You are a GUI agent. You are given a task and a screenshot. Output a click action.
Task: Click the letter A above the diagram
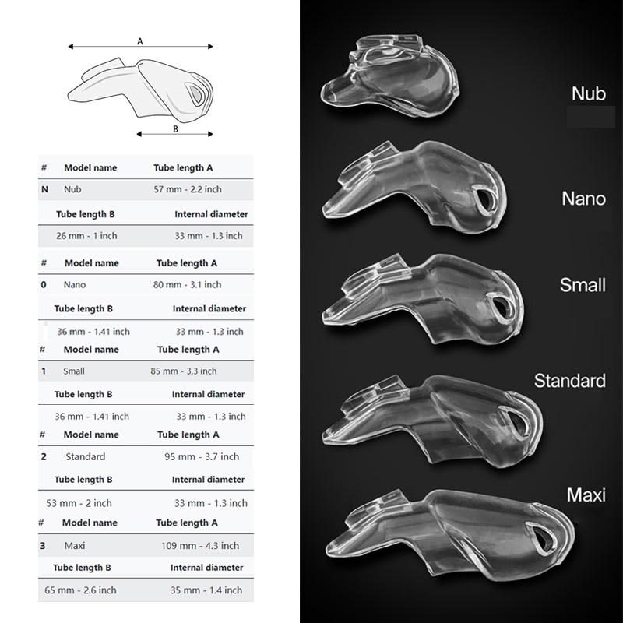pyautogui.click(x=140, y=41)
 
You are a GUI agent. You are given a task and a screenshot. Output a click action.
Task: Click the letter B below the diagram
pyautogui.click(x=176, y=129)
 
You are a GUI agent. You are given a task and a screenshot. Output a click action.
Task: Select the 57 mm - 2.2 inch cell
pyautogui.click(x=188, y=188)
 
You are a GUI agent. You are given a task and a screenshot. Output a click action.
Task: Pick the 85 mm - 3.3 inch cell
pyautogui.click(x=184, y=371)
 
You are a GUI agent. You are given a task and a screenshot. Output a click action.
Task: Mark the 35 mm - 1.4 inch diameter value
pyautogui.click(x=209, y=591)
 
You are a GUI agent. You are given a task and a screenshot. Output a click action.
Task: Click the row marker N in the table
pyautogui.click(x=44, y=188)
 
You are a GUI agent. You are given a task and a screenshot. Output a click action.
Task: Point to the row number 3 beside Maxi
pyautogui.click(x=44, y=545)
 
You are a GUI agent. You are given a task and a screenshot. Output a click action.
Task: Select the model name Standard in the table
pyautogui.click(x=86, y=456)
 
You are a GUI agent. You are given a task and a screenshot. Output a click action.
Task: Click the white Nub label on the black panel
pyautogui.click(x=588, y=94)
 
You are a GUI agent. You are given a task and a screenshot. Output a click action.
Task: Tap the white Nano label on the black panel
pyautogui.click(x=583, y=199)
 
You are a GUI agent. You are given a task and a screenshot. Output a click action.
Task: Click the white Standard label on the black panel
pyautogui.click(x=569, y=381)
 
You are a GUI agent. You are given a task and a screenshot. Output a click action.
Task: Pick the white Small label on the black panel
pyautogui.click(x=582, y=285)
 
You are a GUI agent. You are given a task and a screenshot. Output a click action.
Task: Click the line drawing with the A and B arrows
pyautogui.click(x=140, y=86)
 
